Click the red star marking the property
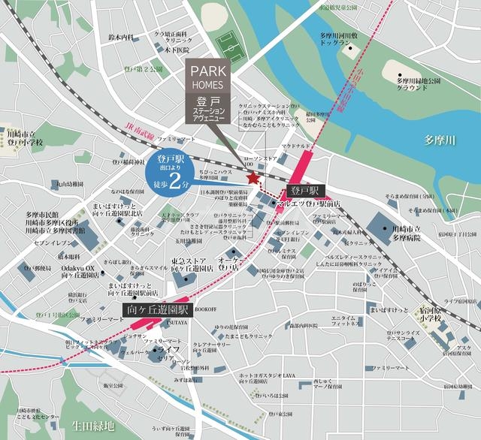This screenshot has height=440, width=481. click(253, 178)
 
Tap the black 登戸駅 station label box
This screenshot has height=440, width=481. click(307, 188)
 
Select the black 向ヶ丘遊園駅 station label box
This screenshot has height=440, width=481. click(159, 309)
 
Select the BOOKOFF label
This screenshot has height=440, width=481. click(205, 309)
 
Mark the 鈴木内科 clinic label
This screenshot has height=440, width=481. click(120, 37)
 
